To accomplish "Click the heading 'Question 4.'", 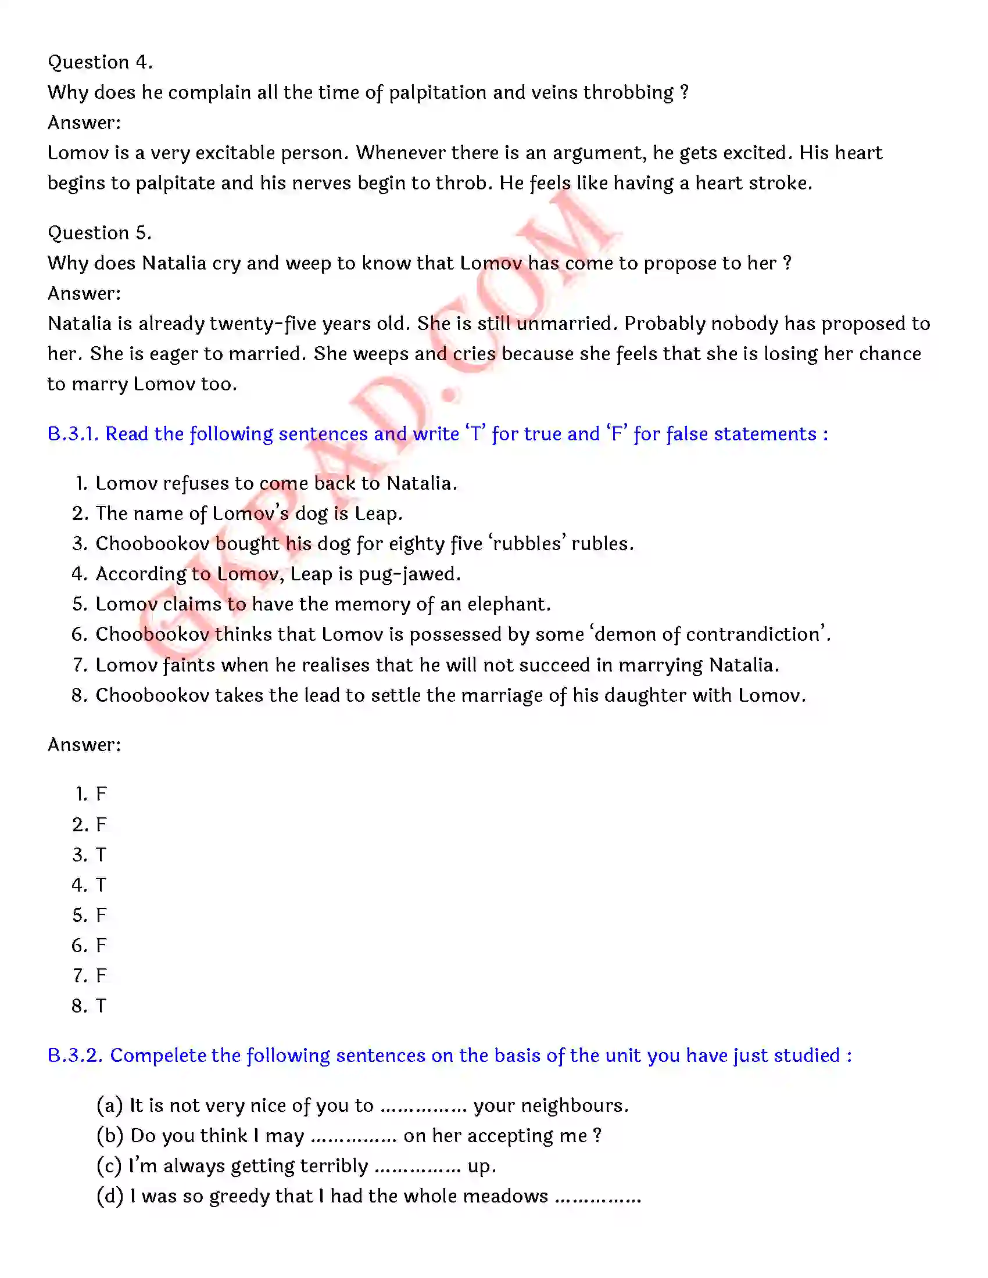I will [x=100, y=62].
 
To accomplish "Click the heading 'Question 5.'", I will [x=99, y=233].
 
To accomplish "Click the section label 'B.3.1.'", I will [x=73, y=433].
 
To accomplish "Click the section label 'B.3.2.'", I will [x=76, y=1055].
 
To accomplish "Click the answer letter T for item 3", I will [x=101, y=855].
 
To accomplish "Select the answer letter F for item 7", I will [x=101, y=975].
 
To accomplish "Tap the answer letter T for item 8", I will [x=101, y=1006].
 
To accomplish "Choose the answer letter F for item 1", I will [x=101, y=794].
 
